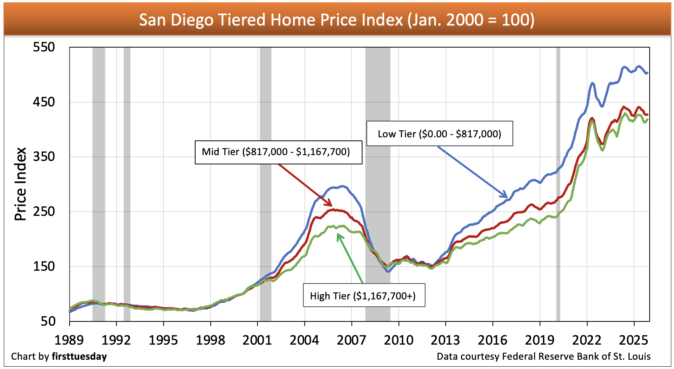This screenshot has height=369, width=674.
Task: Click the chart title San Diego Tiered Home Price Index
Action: click(337, 20)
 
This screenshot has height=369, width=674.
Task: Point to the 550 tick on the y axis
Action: click(44, 47)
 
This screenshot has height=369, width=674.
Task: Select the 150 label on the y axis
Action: click(44, 266)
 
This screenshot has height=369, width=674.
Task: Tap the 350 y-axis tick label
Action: click(44, 157)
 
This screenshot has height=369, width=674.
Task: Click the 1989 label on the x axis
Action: click(69, 340)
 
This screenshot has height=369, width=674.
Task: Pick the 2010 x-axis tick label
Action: click(398, 340)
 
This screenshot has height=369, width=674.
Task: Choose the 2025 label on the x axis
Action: click(633, 340)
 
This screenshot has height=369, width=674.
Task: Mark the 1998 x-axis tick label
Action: click(210, 340)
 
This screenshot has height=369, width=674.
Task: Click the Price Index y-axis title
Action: click(20, 184)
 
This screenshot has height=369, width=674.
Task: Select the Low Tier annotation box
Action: click(439, 134)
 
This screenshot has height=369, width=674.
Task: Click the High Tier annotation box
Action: click(364, 296)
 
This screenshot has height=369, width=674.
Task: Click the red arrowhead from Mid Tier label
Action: click(331, 205)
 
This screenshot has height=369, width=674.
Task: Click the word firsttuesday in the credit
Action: click(79, 356)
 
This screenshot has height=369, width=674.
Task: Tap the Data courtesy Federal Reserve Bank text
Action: click(543, 356)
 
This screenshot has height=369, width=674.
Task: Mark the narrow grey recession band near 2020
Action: click(558, 184)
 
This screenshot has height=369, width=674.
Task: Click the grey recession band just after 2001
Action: click(265, 184)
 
